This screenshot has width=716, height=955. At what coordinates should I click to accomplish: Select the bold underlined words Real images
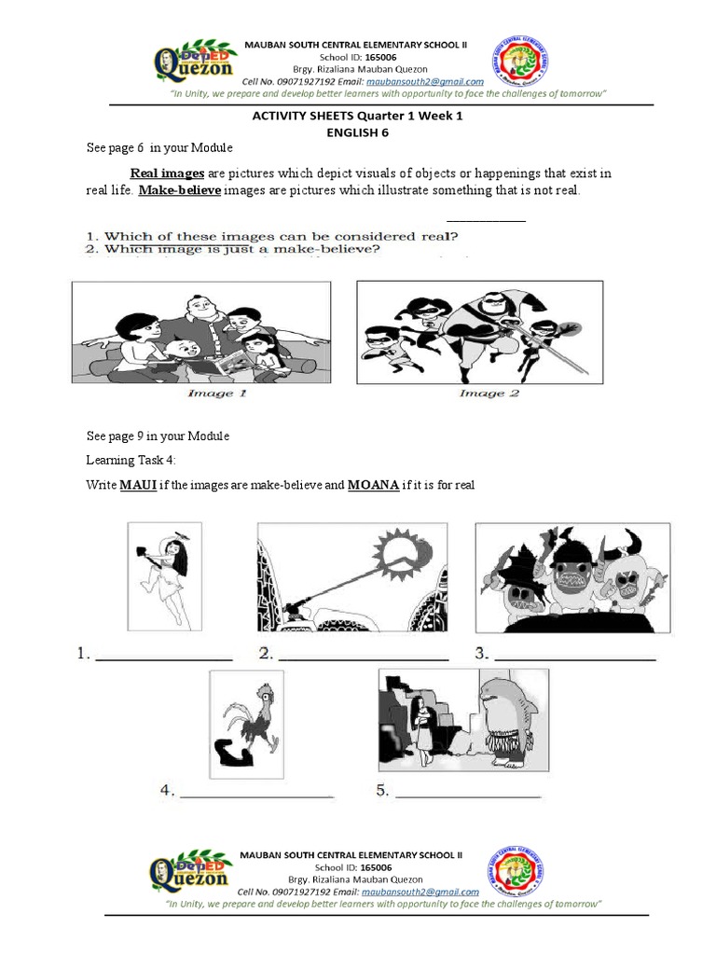(167, 173)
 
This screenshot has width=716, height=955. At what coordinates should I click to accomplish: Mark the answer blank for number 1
(164, 658)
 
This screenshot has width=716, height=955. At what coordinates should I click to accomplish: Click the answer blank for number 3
(574, 658)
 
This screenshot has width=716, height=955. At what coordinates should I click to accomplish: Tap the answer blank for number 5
(468, 796)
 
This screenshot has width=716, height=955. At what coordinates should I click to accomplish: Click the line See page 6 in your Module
(159, 149)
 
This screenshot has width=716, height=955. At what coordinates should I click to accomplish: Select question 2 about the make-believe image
(235, 250)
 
